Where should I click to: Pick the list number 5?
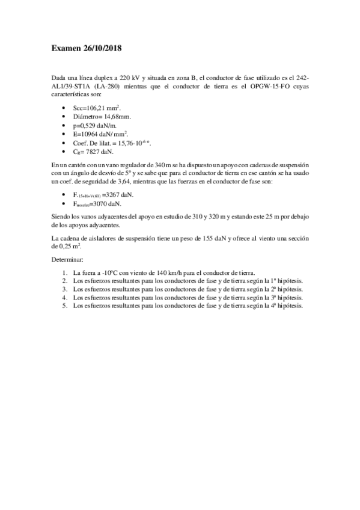click(64, 306)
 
